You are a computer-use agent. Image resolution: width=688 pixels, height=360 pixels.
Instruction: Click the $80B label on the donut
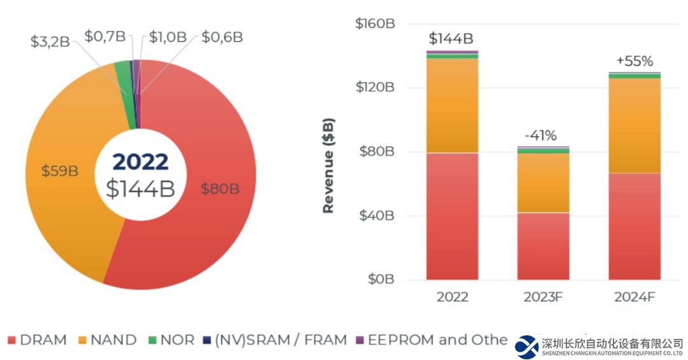[220, 189]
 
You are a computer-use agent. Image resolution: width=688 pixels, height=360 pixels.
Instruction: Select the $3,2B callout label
[52, 42]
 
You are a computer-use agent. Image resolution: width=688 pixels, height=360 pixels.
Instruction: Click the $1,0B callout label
[169, 37]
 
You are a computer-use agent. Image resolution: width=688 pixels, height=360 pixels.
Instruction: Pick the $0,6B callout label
[222, 37]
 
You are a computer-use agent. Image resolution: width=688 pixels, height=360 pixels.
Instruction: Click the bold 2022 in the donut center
[140, 162]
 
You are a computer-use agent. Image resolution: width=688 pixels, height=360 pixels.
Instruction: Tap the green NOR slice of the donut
[123, 76]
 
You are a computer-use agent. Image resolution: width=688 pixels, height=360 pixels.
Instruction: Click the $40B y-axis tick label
[378, 215]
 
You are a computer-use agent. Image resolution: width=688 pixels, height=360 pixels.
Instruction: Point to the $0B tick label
[381, 280]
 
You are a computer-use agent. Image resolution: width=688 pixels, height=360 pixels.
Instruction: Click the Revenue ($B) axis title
[329, 166]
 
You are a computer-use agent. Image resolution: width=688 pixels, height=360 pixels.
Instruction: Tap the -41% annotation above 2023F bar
[540, 135]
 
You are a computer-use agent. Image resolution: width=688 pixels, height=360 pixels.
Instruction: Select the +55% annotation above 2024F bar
[634, 61]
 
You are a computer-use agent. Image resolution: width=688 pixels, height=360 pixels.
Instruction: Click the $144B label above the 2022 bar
[451, 39]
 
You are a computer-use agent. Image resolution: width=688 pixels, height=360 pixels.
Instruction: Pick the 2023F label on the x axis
[543, 297]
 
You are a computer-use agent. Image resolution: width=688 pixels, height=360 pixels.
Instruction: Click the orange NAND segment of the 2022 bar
[452, 105]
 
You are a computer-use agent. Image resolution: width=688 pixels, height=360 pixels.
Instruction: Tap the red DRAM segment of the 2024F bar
[634, 226]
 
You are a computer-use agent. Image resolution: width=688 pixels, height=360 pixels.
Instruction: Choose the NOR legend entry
[171, 340]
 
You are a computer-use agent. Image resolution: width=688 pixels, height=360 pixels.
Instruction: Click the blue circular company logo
[527, 347]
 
